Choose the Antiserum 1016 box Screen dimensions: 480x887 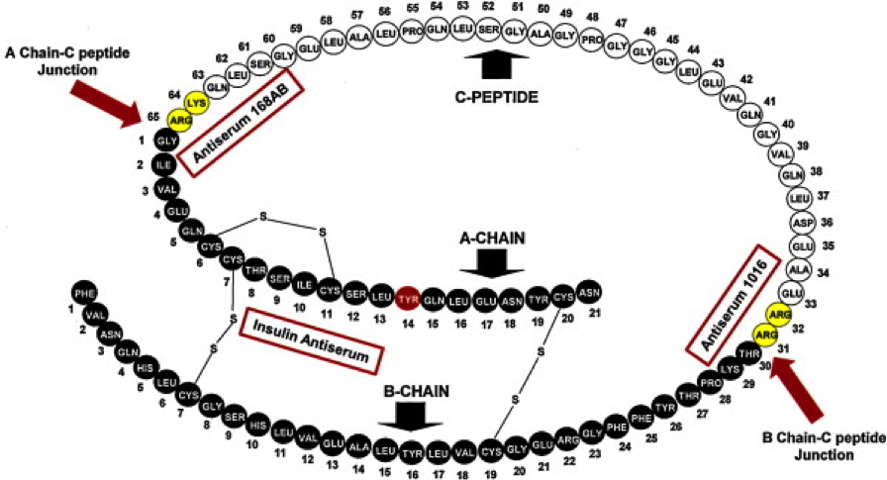(729, 300)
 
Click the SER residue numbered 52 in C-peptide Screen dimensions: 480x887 (488, 30)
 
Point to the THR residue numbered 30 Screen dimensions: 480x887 (748, 353)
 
